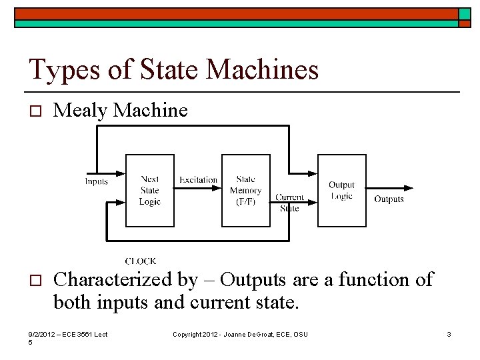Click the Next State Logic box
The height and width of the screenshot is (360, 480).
150,191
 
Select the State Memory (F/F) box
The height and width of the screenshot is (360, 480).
245,191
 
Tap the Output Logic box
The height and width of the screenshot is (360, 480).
341,191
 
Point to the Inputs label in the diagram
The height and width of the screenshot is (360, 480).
97,181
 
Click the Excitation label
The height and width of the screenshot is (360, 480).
198,179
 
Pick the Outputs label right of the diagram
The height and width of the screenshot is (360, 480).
389,199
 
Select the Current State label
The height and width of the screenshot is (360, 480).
289,203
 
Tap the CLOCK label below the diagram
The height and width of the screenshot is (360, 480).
140,261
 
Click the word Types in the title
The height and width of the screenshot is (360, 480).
61,70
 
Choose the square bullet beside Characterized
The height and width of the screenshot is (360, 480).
36,279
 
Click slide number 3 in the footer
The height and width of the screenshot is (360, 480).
449,334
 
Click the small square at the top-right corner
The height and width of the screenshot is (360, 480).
465,14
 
